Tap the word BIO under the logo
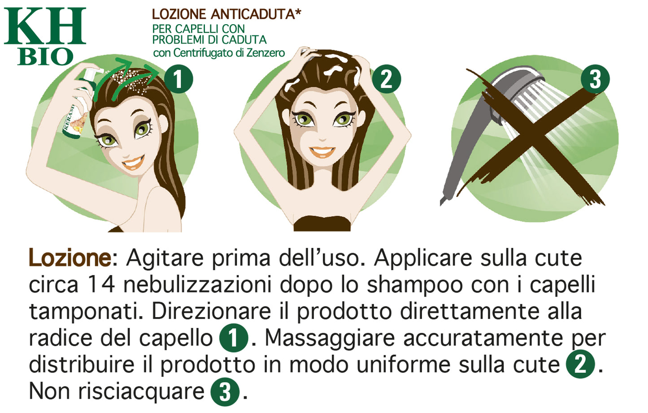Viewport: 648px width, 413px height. point(45,57)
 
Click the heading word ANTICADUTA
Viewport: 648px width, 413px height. point(255,14)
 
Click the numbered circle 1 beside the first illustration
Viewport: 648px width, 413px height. point(178,79)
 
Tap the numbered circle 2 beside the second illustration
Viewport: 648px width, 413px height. point(386,79)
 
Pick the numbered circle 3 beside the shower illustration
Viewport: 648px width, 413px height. point(595,79)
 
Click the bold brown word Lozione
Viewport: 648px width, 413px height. point(70,258)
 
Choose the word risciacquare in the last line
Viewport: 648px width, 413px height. point(141,391)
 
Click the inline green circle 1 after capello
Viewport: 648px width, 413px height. point(233,338)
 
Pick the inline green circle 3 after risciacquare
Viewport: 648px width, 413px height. point(225,392)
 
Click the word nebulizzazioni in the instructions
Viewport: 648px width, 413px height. point(197,285)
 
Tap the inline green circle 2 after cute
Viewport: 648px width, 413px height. point(580,365)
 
